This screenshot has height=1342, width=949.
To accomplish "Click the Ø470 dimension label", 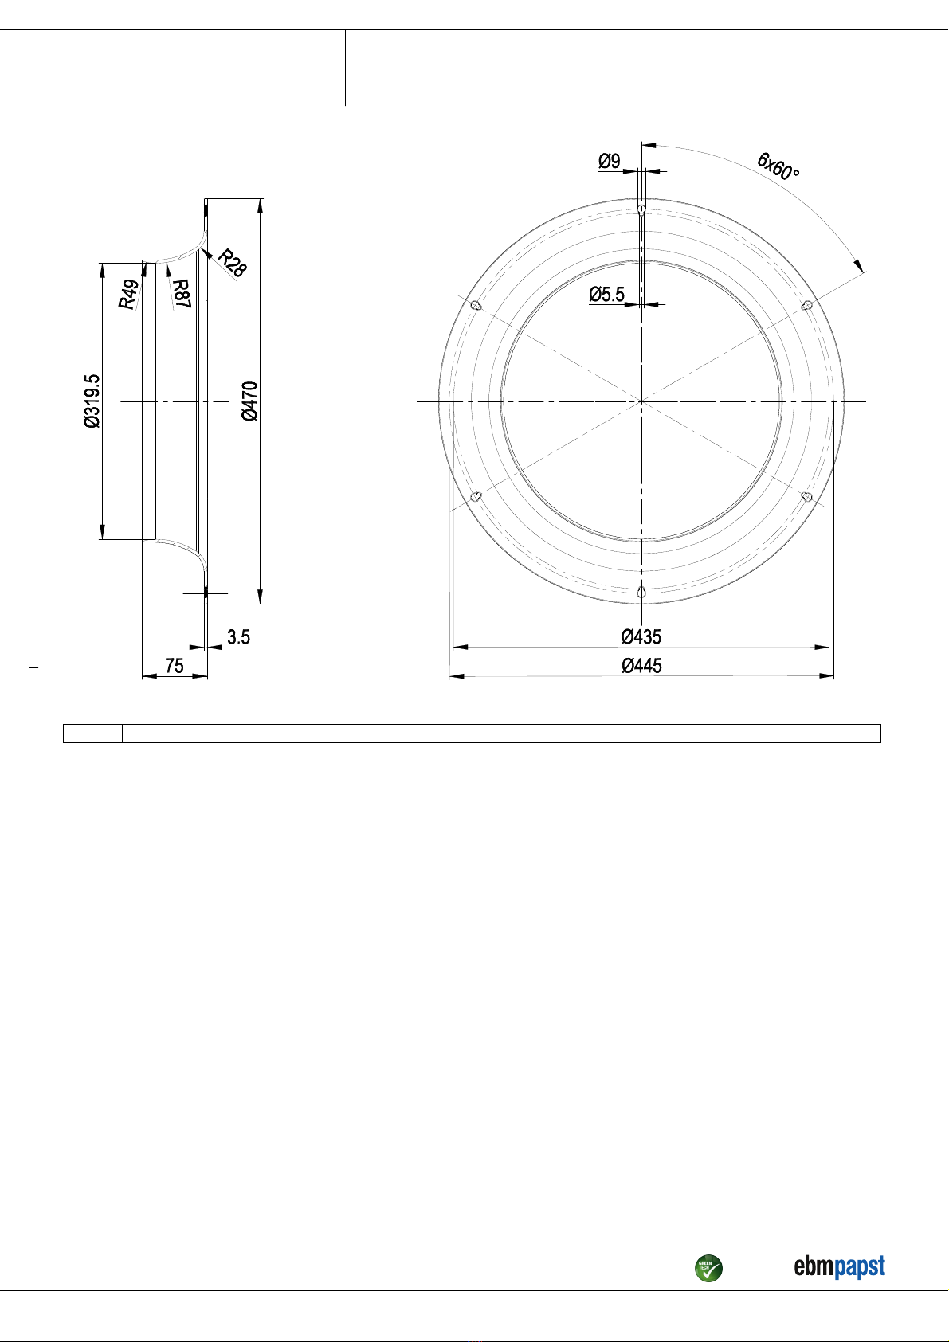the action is click(x=250, y=401).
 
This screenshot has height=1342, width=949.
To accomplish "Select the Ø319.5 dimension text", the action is click(x=92, y=401).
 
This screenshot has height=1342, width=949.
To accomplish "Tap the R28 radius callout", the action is click(x=232, y=263).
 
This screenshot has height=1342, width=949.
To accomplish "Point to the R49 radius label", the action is click(x=128, y=294).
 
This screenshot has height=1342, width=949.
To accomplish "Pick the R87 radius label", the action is click(x=181, y=294).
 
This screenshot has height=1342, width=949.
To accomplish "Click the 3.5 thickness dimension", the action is click(x=238, y=637).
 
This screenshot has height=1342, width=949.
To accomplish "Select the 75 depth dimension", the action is click(x=175, y=666).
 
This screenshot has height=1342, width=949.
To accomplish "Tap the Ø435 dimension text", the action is click(x=641, y=636).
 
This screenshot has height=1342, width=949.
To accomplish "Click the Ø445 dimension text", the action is click(x=641, y=666).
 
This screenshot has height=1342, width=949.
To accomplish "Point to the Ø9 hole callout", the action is click(x=609, y=161).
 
